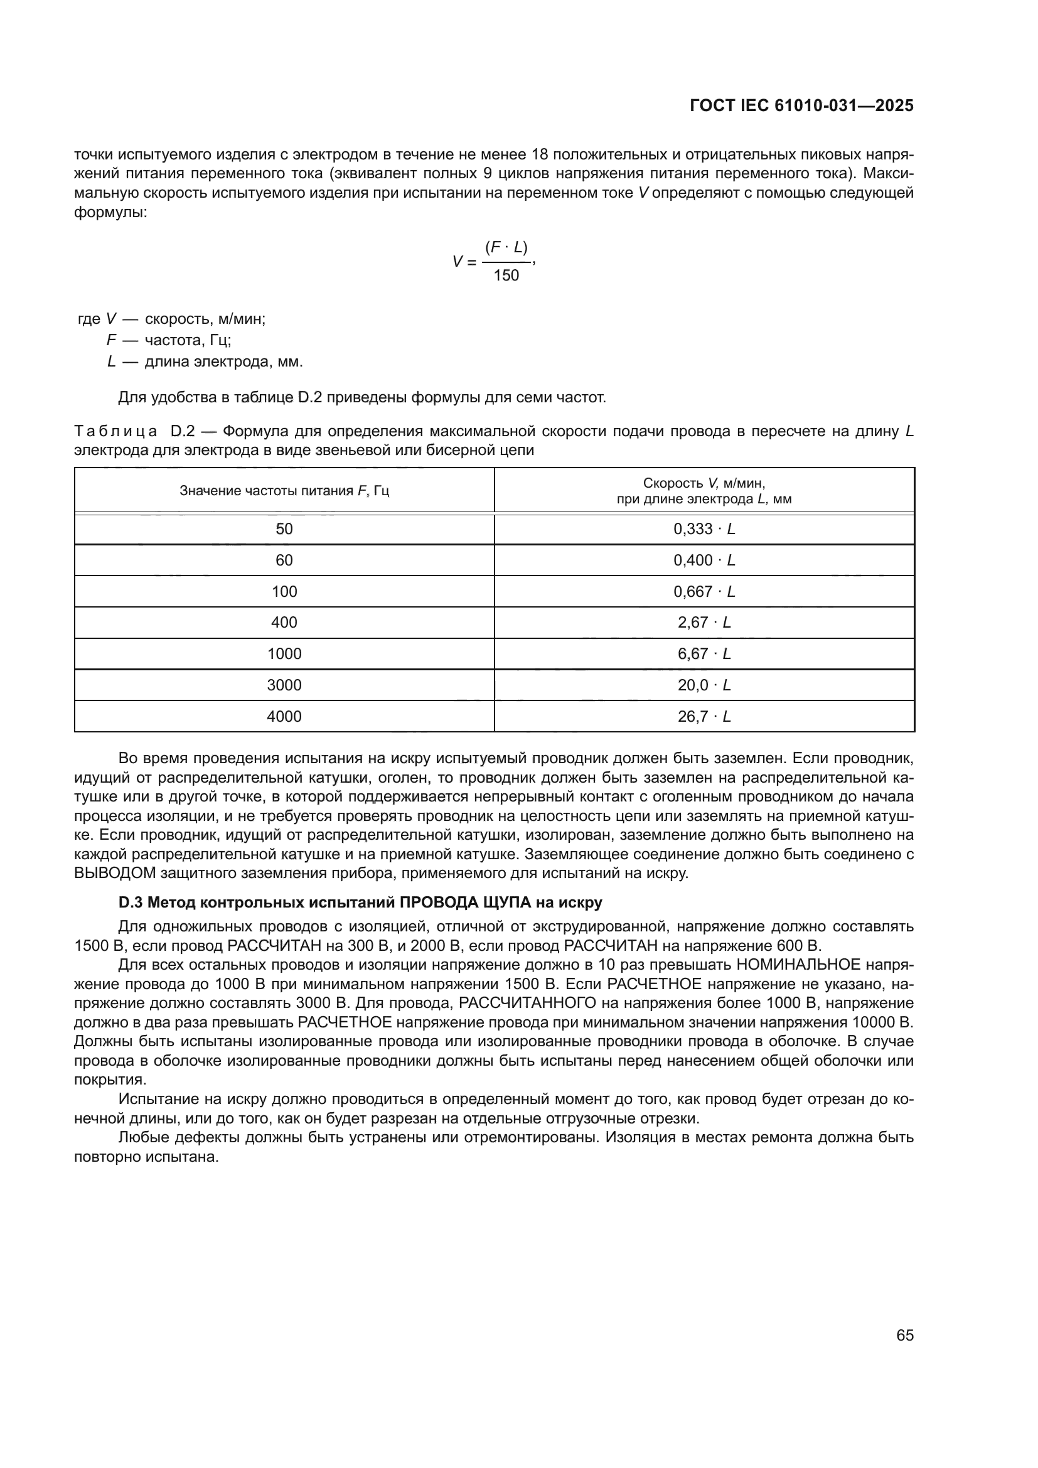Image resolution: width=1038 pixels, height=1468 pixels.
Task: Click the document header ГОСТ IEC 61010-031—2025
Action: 801,106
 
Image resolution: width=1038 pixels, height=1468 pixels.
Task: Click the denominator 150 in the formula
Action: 506,276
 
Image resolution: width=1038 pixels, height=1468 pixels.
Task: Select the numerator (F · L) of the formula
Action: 506,247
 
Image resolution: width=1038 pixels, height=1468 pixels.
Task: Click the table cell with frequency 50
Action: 284,528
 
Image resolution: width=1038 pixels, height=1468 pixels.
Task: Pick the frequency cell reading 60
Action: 284,560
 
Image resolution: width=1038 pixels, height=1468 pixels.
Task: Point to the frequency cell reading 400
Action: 284,622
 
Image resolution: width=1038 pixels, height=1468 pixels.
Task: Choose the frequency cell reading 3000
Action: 284,685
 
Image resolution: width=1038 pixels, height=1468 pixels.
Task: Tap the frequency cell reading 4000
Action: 284,716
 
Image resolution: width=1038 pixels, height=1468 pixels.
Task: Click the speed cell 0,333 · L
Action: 704,528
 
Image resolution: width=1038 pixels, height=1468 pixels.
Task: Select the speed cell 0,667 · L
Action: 704,591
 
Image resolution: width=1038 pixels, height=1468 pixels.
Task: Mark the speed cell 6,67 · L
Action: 704,653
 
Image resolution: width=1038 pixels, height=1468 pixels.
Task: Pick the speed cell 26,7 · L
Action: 704,716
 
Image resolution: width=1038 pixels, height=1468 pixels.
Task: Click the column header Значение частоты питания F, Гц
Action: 284,491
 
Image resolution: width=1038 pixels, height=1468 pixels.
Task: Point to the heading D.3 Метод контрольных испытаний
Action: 360,903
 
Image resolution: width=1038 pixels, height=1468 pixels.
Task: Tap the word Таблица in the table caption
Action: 115,432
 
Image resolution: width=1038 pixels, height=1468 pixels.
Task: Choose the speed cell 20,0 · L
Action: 704,685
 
